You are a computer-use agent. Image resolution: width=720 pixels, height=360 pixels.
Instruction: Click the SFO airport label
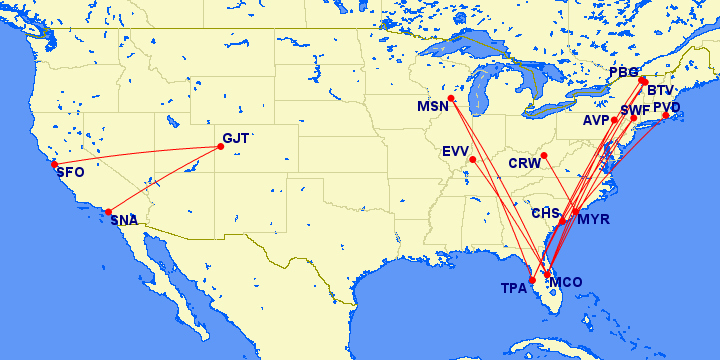tap(70, 172)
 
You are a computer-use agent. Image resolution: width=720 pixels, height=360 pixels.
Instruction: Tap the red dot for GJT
tap(220, 147)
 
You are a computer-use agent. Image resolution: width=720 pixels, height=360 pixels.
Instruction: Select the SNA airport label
tap(125, 220)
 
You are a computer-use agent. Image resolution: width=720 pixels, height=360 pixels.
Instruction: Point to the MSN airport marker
tap(452, 98)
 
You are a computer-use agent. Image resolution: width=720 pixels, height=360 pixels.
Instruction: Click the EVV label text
tap(456, 151)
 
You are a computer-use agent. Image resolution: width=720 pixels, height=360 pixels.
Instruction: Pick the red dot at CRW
tap(543, 155)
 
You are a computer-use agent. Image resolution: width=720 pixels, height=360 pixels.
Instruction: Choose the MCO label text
tap(566, 281)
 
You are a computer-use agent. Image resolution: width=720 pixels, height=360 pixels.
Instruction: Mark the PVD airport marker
tap(666, 116)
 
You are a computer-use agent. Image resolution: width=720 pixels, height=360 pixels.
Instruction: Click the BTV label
tap(661, 90)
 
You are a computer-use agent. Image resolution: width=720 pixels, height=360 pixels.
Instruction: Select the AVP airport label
tap(597, 120)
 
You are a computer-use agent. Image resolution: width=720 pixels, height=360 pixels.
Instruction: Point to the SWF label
tap(635, 109)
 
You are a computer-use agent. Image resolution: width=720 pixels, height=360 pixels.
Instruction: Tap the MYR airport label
tap(594, 219)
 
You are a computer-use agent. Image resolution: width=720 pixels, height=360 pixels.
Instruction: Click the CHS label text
tap(545, 213)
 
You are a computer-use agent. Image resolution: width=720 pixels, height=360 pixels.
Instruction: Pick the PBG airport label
tap(623, 73)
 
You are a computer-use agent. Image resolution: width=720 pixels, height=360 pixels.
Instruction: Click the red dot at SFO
tap(54, 164)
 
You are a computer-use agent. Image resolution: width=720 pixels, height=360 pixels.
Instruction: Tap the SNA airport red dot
tap(109, 212)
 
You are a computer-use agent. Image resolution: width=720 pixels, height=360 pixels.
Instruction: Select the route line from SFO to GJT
tap(137, 155)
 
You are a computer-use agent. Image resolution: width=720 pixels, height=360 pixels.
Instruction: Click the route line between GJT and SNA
tap(165, 179)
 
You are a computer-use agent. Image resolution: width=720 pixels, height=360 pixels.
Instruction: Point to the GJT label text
tap(237, 138)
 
